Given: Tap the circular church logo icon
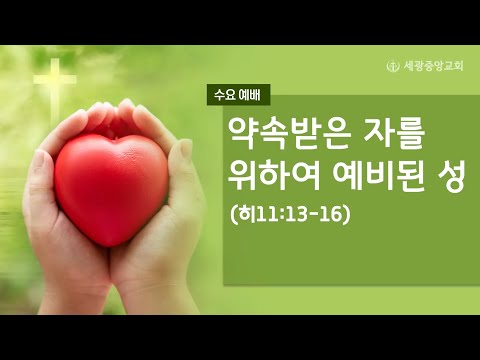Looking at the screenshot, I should point(392,66).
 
